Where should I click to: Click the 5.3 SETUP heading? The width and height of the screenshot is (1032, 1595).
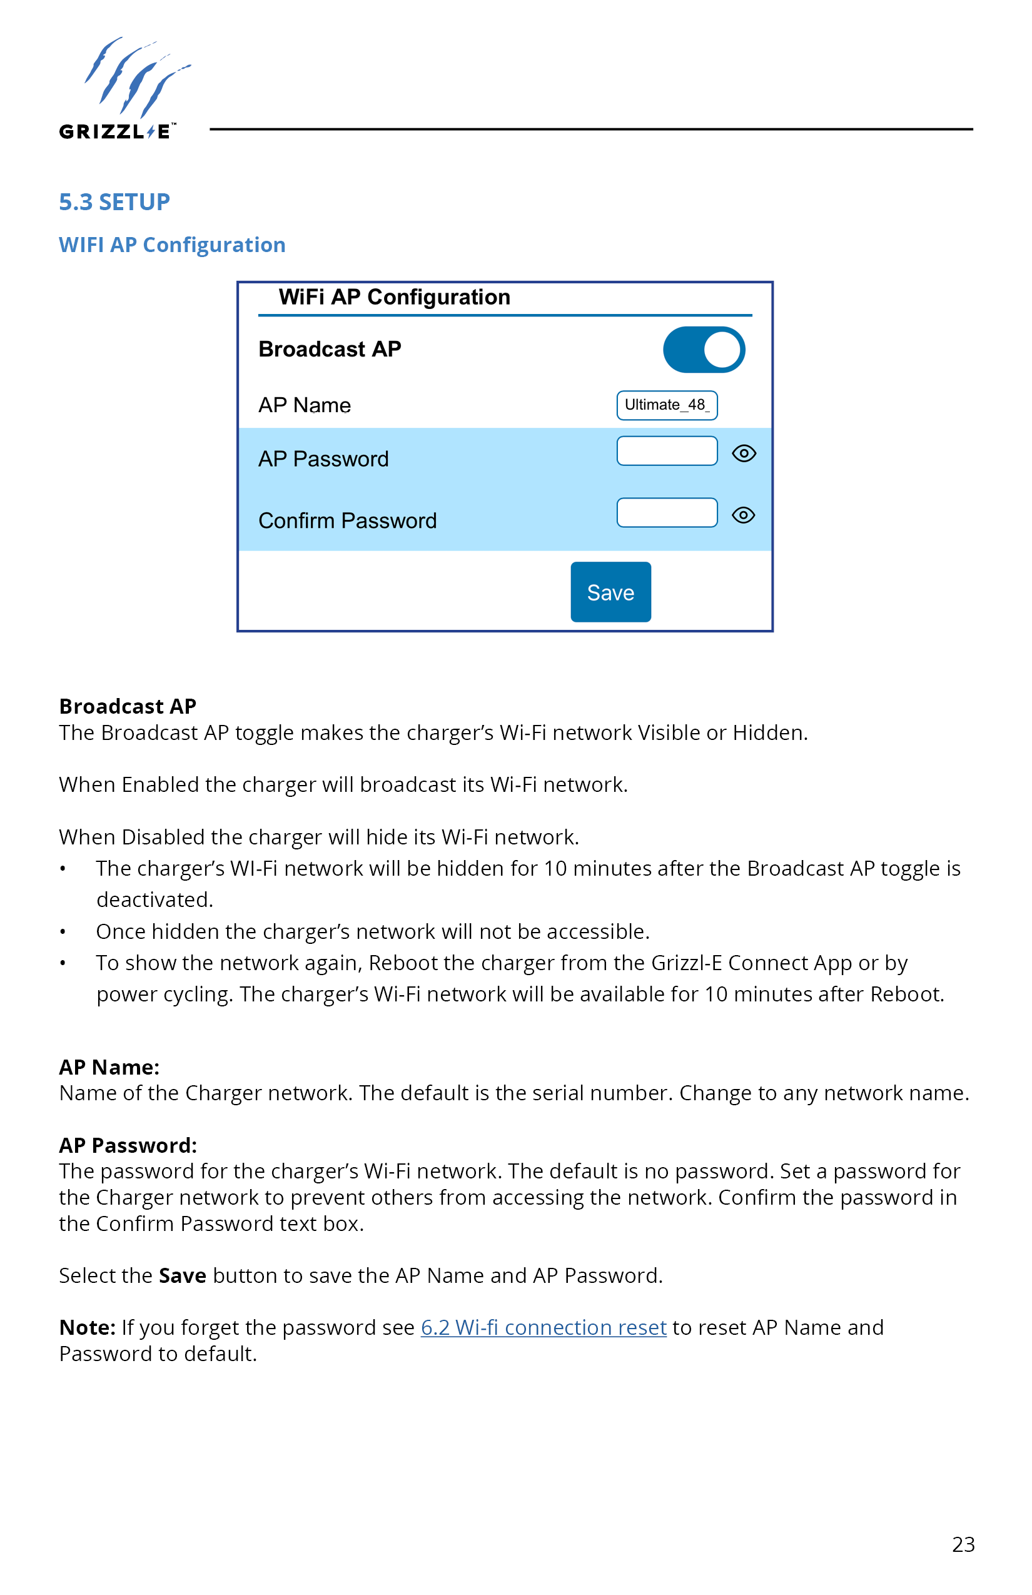(x=114, y=201)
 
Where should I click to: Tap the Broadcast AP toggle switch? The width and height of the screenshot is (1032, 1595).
(x=704, y=350)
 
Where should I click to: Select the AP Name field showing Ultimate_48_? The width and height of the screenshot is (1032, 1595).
(x=667, y=405)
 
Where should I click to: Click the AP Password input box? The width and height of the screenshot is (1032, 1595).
(x=667, y=451)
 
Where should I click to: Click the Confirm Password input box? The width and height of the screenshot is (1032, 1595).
(x=667, y=513)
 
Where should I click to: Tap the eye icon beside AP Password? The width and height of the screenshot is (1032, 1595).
(x=744, y=453)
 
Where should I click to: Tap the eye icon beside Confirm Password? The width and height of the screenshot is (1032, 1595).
(x=744, y=515)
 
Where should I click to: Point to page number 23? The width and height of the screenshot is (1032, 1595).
(x=963, y=1545)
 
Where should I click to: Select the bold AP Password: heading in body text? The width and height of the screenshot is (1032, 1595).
(x=128, y=1145)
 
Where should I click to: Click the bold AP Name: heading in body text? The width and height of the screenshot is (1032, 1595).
(x=109, y=1067)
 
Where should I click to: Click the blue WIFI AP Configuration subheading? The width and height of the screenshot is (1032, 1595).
(x=172, y=245)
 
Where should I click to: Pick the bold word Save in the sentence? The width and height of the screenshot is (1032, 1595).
(x=182, y=1275)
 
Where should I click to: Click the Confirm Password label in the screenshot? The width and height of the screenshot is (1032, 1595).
(x=347, y=520)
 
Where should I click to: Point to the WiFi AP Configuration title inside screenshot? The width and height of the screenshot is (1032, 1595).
(x=394, y=297)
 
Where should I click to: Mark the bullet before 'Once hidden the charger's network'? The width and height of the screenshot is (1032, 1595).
(x=63, y=932)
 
